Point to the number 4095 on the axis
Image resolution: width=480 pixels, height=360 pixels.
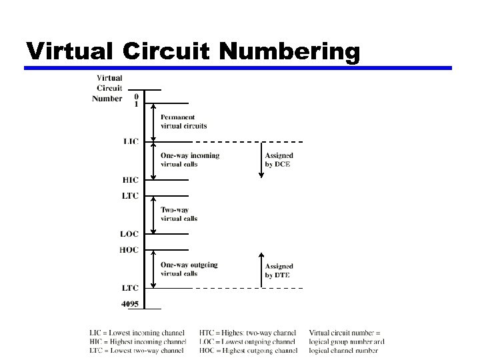point(130,304)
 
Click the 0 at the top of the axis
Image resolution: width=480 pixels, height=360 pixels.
point(137,95)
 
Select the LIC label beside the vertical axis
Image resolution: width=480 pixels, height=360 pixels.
point(131,141)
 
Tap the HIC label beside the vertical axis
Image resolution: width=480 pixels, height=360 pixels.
point(131,179)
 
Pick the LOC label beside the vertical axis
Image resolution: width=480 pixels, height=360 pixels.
point(129,234)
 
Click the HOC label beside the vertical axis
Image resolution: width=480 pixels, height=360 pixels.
point(129,250)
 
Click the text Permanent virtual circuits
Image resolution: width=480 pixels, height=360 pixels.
point(183,121)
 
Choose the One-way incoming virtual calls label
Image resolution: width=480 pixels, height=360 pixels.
point(189,160)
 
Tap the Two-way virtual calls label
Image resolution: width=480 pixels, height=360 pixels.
point(179,214)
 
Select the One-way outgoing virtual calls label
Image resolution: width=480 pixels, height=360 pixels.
point(189,269)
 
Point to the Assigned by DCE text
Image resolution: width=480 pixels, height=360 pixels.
point(278,160)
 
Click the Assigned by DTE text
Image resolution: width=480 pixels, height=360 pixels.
point(279,271)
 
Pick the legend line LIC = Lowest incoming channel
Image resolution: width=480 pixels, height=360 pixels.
point(137,333)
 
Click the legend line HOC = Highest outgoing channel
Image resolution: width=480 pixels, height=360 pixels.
point(248,350)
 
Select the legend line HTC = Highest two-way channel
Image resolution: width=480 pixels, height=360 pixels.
point(247,333)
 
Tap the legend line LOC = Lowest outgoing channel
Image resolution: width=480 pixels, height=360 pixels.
point(247,341)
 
